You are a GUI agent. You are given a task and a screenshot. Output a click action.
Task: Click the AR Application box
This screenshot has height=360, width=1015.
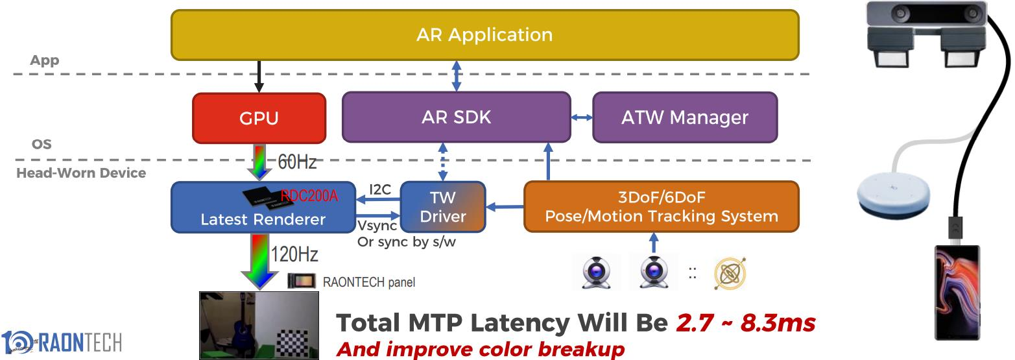pyautogui.click(x=484, y=34)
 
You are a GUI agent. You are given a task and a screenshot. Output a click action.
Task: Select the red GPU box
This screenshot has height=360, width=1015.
pyautogui.click(x=259, y=118)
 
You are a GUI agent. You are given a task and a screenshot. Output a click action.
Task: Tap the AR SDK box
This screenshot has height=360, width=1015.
pyautogui.click(x=456, y=117)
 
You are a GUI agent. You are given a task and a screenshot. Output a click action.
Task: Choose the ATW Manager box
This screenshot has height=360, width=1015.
pyautogui.click(x=684, y=117)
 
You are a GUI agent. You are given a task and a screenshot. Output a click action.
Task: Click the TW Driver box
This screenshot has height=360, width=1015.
pyautogui.click(x=443, y=207)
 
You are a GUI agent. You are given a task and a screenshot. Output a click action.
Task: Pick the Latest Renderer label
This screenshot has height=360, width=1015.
pyautogui.click(x=263, y=219)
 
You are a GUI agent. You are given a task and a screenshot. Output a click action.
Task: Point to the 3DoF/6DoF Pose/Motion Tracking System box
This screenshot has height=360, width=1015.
pyautogui.click(x=661, y=207)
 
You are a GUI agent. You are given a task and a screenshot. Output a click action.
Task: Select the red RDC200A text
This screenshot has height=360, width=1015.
pyautogui.click(x=309, y=196)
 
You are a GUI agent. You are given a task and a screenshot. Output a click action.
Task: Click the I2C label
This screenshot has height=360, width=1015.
pyautogui.click(x=380, y=190)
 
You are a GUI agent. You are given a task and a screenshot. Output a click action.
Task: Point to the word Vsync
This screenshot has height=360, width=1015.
pyautogui.click(x=377, y=226)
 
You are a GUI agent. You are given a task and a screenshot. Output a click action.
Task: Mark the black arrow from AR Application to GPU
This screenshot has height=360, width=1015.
pyautogui.click(x=259, y=76)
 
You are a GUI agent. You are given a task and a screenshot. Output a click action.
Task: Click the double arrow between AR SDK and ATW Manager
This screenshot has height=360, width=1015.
pyautogui.click(x=582, y=117)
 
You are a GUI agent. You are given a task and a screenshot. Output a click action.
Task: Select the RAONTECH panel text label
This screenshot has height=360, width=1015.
pyautogui.click(x=368, y=282)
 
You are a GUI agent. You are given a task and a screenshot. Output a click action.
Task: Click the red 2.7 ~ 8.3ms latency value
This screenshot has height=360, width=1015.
pyautogui.click(x=745, y=322)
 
